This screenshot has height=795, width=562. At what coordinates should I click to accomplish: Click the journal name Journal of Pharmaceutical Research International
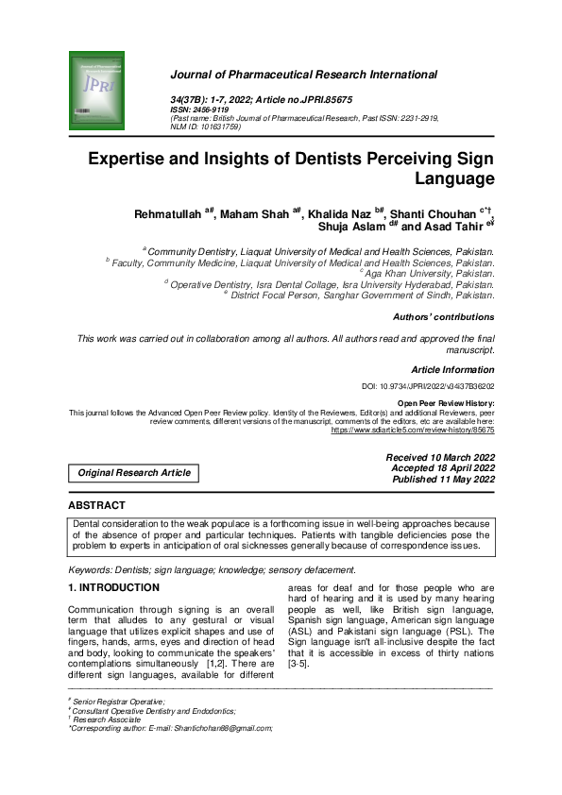(303, 75)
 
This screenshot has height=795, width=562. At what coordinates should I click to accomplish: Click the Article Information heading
(452, 370)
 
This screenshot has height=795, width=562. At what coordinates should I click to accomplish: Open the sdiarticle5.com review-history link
(412, 430)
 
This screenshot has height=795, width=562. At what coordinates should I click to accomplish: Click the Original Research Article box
(133, 472)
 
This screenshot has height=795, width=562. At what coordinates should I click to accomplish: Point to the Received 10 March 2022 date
(440, 457)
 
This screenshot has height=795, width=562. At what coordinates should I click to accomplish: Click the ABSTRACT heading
(97, 505)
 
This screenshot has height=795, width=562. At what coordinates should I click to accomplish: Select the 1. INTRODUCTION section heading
(113, 588)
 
